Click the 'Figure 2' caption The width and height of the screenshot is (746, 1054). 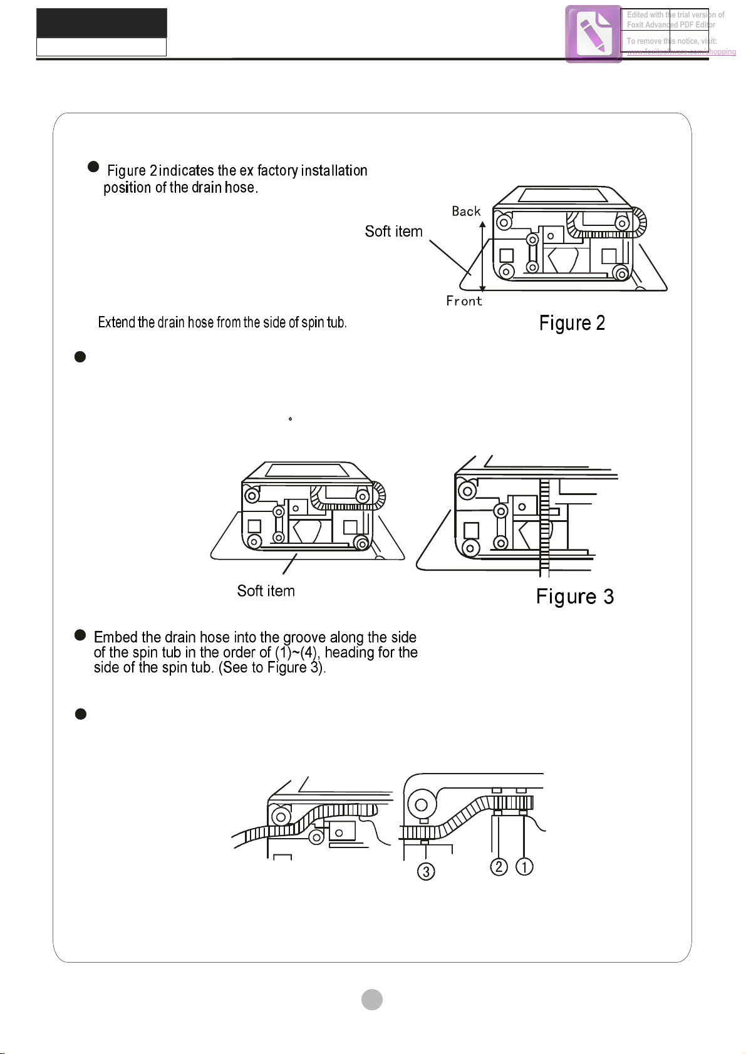click(x=572, y=323)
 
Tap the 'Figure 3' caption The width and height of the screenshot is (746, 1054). click(x=574, y=596)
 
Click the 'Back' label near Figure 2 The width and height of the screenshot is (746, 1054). click(x=466, y=212)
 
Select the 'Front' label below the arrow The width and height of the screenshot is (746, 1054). click(x=464, y=301)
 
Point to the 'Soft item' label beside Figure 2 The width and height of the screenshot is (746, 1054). click(x=393, y=232)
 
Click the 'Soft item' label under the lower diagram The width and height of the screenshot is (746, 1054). click(x=266, y=591)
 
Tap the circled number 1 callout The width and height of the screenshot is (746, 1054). click(x=524, y=867)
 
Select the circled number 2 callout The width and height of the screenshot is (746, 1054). click(x=499, y=867)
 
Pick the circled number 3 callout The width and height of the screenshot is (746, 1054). click(x=426, y=871)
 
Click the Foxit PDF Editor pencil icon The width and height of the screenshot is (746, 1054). click(x=593, y=34)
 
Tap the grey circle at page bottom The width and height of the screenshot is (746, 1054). click(x=372, y=1000)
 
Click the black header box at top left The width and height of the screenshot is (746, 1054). click(x=101, y=23)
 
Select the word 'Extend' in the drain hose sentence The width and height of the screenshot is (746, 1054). click(x=117, y=322)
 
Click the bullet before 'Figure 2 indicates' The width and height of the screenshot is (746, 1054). click(x=93, y=166)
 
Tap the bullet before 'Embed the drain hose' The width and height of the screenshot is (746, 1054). click(x=80, y=635)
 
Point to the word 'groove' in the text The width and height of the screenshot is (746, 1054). click(x=304, y=637)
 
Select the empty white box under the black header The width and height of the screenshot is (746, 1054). click(x=101, y=47)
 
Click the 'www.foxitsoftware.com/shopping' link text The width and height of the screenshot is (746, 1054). click(x=681, y=52)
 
